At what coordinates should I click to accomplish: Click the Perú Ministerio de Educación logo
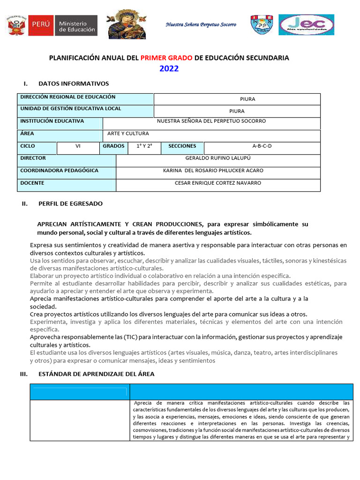(x=52, y=25)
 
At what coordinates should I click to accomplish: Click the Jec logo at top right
(x=306, y=25)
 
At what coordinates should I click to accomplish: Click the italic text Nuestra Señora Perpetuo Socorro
(x=201, y=24)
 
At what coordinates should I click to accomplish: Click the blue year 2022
(x=169, y=69)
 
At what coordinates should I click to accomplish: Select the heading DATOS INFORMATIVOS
(x=74, y=83)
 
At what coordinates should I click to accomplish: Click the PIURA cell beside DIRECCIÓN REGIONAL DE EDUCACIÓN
(x=237, y=99)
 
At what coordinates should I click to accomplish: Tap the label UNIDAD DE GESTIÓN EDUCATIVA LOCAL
(x=70, y=109)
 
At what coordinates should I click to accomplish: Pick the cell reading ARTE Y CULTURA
(x=128, y=134)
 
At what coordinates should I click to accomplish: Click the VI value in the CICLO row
(x=78, y=146)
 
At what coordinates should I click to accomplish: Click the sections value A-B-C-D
(x=262, y=146)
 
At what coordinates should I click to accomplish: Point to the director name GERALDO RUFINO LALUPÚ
(x=218, y=158)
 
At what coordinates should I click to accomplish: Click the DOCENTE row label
(x=32, y=183)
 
